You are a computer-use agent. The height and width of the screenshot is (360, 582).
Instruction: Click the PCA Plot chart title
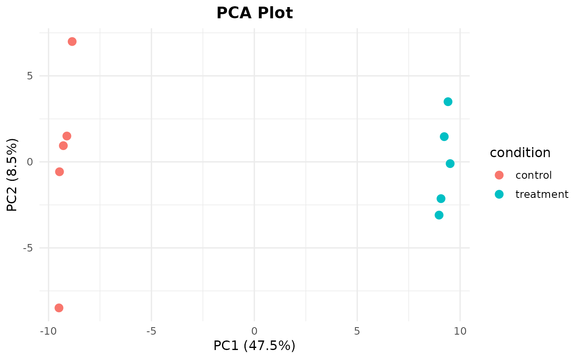pos(254,13)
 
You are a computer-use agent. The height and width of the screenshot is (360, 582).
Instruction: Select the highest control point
pos(72,42)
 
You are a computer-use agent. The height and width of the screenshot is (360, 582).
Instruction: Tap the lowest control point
pos(59,308)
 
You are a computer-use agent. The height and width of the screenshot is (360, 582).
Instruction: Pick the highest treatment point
pos(448,101)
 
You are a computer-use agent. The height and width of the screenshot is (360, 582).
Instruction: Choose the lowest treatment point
pos(439,215)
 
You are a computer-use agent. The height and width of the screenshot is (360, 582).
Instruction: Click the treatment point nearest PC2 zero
pos(450,164)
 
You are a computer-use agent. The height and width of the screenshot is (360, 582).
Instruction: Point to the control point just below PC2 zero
pos(59,172)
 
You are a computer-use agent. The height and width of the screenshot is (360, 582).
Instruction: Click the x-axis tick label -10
pos(48,331)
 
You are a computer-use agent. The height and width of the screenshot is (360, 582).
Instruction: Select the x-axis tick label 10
pos(460,331)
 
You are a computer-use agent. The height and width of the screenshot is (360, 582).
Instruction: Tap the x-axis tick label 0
pos(254,331)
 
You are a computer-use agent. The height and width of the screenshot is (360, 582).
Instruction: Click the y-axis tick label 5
pos(30,76)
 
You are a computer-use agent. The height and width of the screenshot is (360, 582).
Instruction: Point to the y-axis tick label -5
pos(28,248)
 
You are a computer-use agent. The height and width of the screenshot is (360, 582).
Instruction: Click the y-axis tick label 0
pos(30,162)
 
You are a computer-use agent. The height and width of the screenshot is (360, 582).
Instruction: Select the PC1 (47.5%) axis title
pos(254,346)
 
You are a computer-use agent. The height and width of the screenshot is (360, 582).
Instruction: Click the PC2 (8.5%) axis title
pos(12,175)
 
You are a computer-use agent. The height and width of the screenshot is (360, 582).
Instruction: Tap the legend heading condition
pos(520,153)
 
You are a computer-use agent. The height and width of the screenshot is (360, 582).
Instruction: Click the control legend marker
pos(499,175)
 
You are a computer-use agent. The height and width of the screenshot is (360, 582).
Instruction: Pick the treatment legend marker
pos(499,194)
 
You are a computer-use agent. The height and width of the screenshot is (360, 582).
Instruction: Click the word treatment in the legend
pos(542,194)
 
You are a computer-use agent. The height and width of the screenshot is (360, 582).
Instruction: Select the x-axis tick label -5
pos(151,331)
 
